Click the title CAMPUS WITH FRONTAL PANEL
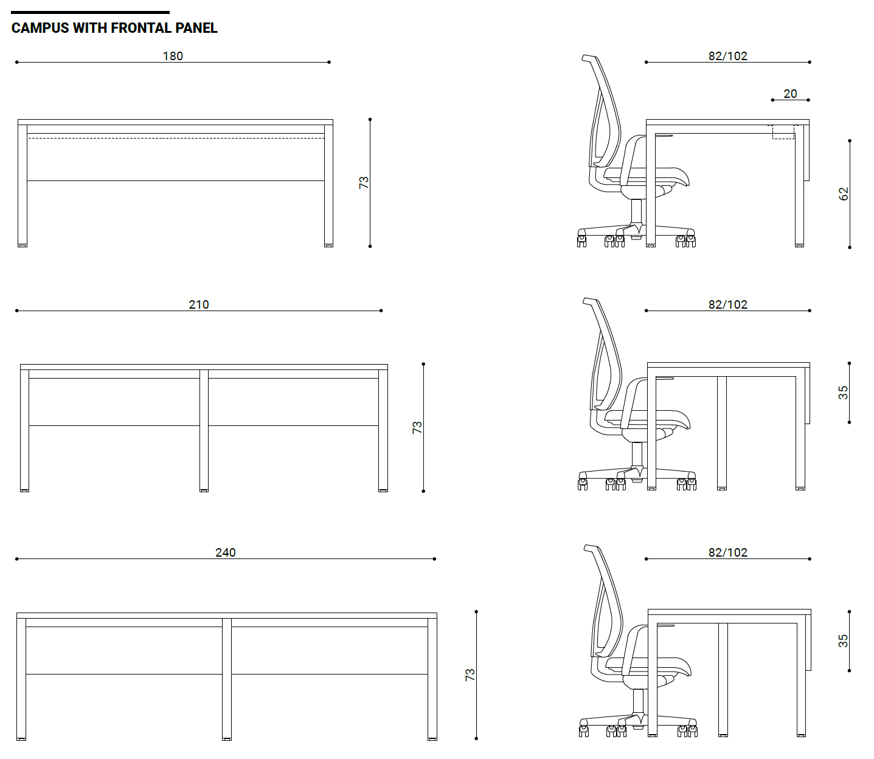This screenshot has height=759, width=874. click(114, 28)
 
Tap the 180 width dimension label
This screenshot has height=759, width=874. click(173, 56)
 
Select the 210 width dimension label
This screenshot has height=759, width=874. click(199, 304)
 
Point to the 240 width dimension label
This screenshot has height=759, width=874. click(226, 552)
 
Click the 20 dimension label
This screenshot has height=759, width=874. click(790, 94)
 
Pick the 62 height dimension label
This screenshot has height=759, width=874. click(843, 194)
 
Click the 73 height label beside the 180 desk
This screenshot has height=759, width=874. click(364, 182)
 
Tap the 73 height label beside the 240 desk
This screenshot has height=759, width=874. click(470, 675)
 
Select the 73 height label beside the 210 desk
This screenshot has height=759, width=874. click(417, 427)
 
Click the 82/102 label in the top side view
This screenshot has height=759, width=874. click(727, 56)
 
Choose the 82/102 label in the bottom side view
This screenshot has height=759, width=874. click(727, 552)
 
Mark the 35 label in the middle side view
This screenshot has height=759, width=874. click(843, 393)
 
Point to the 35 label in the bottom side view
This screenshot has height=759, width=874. click(843, 641)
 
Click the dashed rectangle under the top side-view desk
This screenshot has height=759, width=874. click(783, 132)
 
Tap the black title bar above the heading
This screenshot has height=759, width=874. click(90, 12)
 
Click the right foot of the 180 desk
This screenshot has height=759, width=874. click(328, 245)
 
